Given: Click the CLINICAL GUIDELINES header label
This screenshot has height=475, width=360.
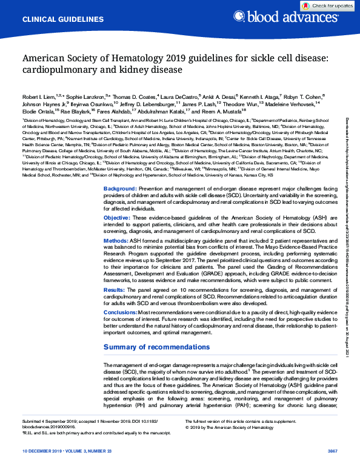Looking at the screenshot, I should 54,20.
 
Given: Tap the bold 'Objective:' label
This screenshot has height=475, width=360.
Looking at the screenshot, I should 117,200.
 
